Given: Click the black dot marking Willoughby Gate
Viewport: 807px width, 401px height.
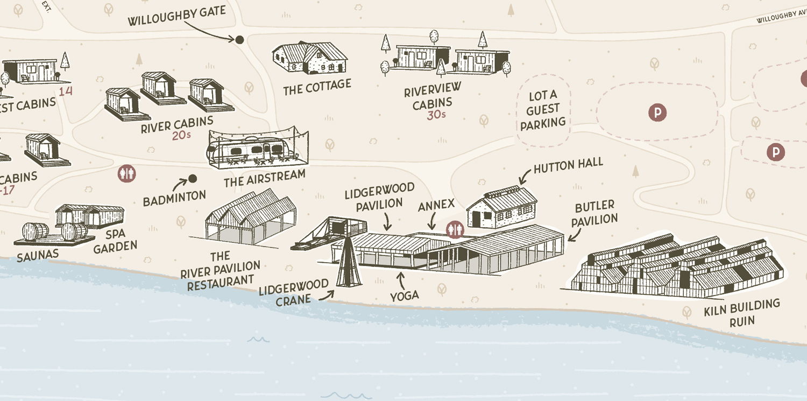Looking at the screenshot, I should click(x=240, y=39).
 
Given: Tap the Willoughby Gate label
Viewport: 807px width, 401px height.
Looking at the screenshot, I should click(x=176, y=16).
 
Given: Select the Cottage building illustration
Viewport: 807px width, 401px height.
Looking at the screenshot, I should click(x=310, y=58).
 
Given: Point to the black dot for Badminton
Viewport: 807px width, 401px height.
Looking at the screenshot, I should click(x=192, y=179).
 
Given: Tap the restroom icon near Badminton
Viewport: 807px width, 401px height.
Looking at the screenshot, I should click(x=127, y=174).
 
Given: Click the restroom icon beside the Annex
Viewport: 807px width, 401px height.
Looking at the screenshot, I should click(x=456, y=230).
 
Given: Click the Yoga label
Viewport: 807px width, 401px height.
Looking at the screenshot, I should click(x=405, y=295).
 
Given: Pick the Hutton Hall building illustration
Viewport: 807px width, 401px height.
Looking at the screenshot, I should click(x=501, y=207).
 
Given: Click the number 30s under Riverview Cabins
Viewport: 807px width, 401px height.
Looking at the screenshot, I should click(x=436, y=115).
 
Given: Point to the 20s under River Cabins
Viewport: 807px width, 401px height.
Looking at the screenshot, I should click(x=181, y=135).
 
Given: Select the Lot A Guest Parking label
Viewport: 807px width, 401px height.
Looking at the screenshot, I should click(x=543, y=110).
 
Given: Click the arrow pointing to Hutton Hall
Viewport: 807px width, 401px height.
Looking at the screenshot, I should click(x=523, y=177).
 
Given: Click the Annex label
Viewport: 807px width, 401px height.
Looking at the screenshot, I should click(x=436, y=205).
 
